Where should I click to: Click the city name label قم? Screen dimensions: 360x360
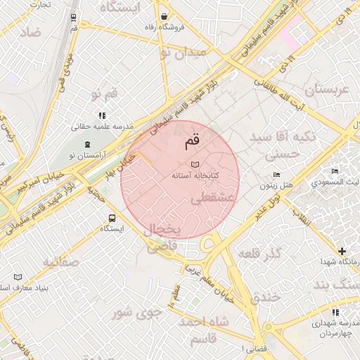(x=191, y=141)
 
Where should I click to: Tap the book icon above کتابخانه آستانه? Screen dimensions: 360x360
(x=195, y=164)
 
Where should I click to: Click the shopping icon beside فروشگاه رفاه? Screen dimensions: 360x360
(x=164, y=16)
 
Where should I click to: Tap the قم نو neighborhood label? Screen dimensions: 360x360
(x=101, y=94)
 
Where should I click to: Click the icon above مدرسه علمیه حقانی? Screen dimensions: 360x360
(x=102, y=115)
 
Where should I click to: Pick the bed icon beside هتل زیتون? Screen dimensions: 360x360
(x=276, y=174)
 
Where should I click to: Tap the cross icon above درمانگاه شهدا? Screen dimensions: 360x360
(x=342, y=251)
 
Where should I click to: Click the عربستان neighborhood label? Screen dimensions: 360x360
(x=326, y=90)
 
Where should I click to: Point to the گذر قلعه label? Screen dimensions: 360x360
(x=259, y=252)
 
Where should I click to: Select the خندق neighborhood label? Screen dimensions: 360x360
(x=265, y=297)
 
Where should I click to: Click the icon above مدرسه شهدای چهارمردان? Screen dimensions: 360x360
(x=334, y=311)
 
